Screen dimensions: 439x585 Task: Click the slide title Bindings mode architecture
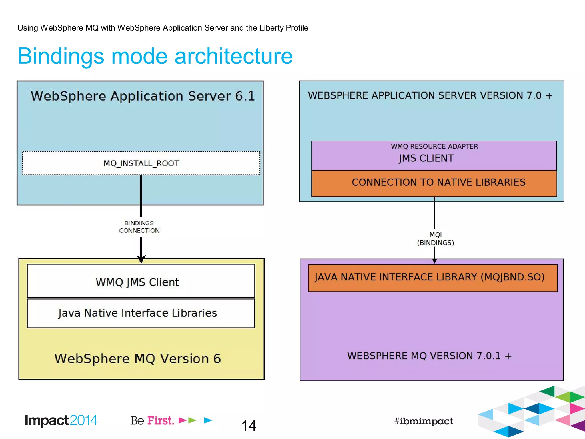point(155,56)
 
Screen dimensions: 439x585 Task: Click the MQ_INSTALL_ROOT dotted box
point(141,163)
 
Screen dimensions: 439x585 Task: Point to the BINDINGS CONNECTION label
point(139,227)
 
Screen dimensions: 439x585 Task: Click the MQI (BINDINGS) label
point(435,239)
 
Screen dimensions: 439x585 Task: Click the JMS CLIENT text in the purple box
point(426,158)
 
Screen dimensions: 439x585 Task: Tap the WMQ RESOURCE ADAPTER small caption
point(434,146)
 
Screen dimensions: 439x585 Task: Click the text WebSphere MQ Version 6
point(137,359)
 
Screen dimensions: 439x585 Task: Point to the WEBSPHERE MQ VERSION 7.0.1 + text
point(429,356)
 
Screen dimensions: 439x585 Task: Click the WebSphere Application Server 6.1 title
point(143,96)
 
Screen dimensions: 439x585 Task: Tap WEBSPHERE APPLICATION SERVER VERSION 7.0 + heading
point(430,95)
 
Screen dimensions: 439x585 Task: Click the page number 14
point(249,426)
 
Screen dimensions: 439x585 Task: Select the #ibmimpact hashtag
point(423,421)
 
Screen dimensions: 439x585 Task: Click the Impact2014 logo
point(61,420)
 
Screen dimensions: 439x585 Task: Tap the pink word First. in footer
point(161,420)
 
